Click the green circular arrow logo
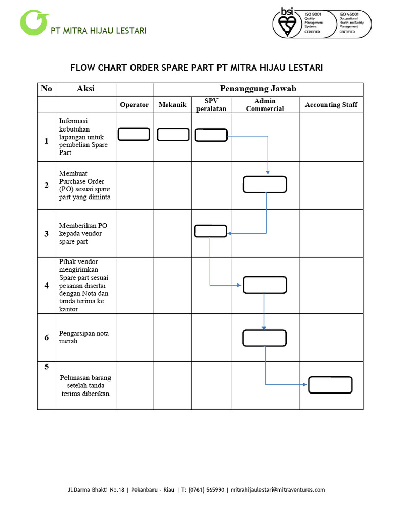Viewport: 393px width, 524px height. pyautogui.click(x=33, y=24)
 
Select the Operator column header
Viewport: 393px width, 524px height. pyautogui.click(x=134, y=105)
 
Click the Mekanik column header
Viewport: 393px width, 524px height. pyautogui.click(x=172, y=105)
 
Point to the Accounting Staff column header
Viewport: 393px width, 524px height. pyautogui.click(x=331, y=105)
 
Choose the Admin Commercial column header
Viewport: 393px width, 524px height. pyautogui.click(x=265, y=105)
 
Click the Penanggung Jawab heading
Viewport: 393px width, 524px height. pyautogui.click(x=258, y=89)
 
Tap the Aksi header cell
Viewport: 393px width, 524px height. pyautogui.click(x=85, y=89)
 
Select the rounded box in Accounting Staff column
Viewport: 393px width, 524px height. pyautogui.click(x=330, y=385)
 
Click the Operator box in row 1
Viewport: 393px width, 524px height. pyautogui.click(x=134, y=135)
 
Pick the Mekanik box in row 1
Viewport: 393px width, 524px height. pyautogui.click(x=173, y=135)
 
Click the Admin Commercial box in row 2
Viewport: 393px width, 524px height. pyautogui.click(x=265, y=184)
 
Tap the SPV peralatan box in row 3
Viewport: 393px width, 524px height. pyautogui.click(x=211, y=231)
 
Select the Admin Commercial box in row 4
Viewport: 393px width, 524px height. pyautogui.click(x=265, y=285)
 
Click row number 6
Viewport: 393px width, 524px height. pyautogui.click(x=47, y=338)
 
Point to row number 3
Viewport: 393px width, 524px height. pyautogui.click(x=47, y=234)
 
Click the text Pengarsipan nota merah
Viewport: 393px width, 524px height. pyautogui.click(x=84, y=337)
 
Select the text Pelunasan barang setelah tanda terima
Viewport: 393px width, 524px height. pyautogui.click(x=86, y=385)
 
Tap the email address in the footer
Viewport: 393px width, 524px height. pyautogui.click(x=278, y=490)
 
